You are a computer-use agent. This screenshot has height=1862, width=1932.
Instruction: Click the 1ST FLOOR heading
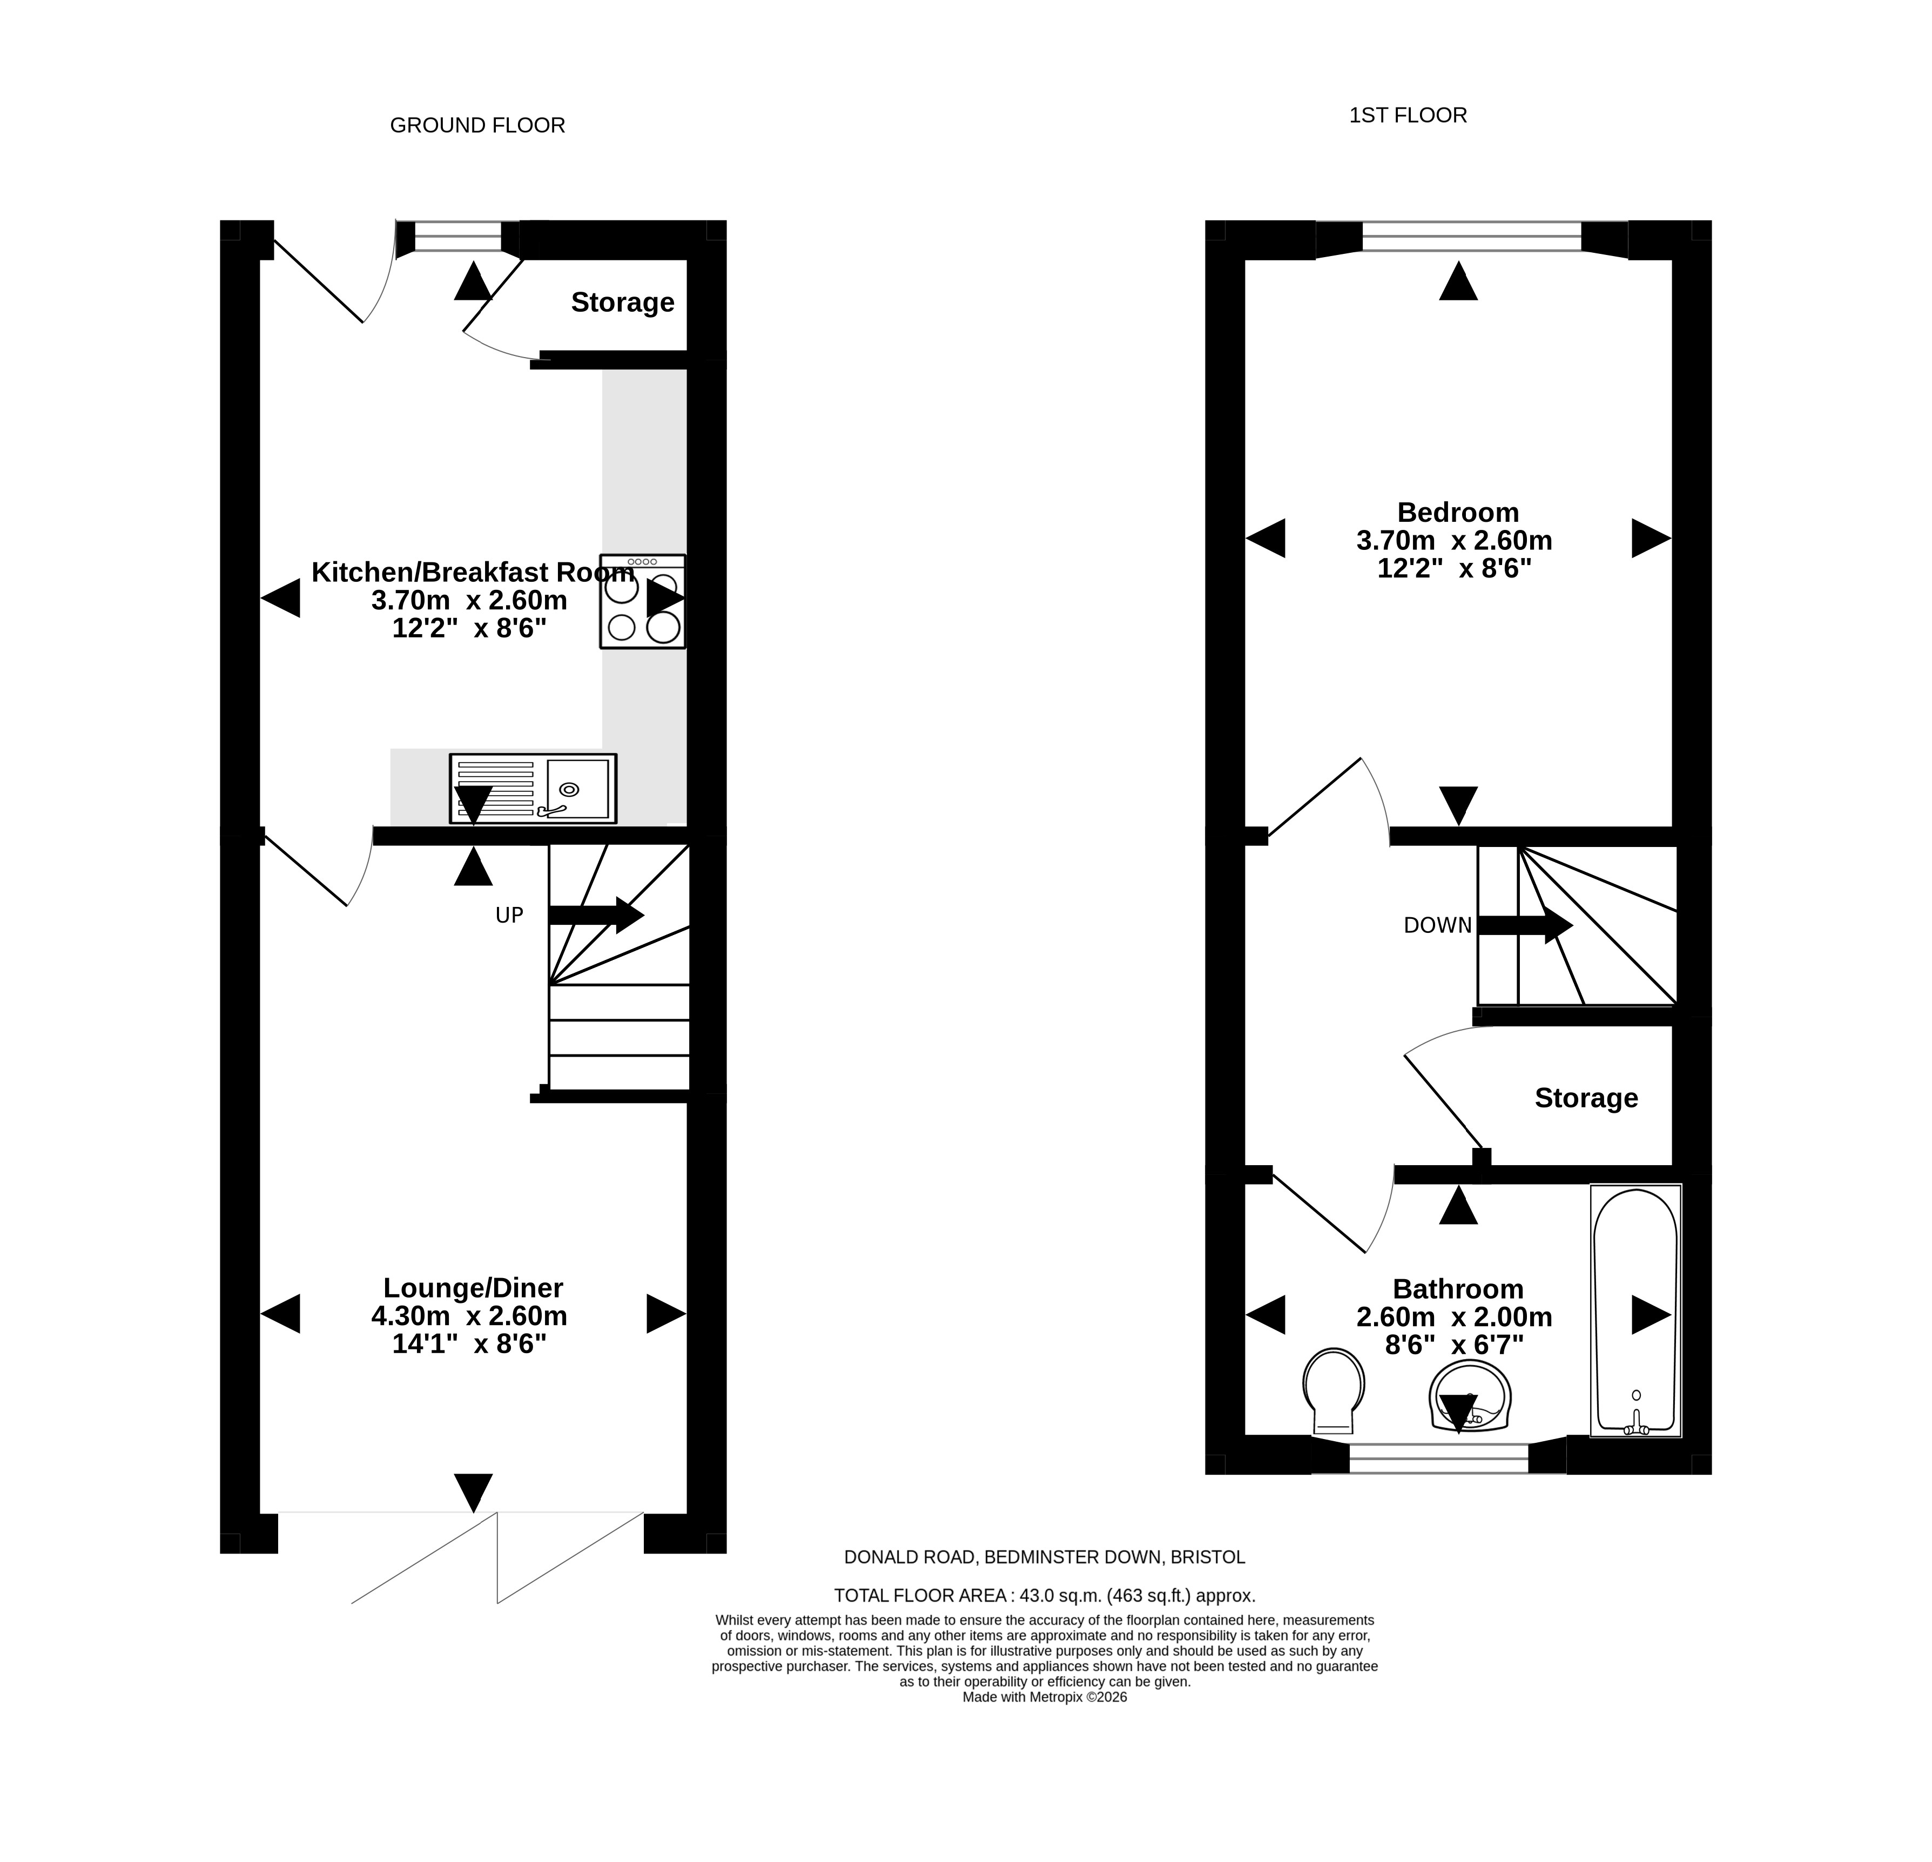tap(1408, 115)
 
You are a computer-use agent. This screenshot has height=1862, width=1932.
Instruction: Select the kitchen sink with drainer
tap(533, 789)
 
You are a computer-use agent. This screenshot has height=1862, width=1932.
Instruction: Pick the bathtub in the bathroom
tap(1635, 1311)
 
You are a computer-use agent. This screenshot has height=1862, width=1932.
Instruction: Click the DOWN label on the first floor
tap(1437, 925)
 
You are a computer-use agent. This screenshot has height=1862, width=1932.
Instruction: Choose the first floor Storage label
tap(1586, 1098)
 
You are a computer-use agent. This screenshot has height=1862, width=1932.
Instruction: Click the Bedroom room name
tap(1458, 513)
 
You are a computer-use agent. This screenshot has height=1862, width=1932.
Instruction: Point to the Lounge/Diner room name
tap(473, 1288)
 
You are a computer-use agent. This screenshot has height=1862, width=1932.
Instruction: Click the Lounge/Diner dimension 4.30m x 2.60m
tap(469, 1316)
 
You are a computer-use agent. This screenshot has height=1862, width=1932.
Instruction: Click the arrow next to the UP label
tap(596, 915)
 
